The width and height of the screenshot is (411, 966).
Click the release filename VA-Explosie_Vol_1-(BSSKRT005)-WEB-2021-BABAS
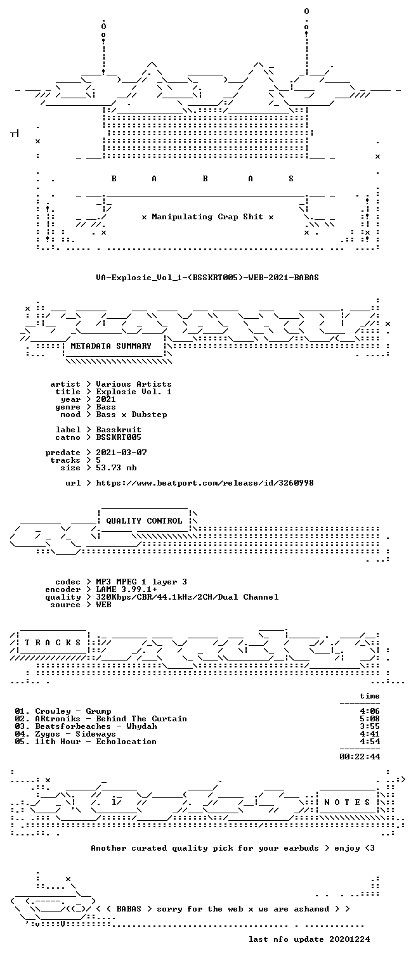coord(207,278)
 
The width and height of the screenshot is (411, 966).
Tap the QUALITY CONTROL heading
coord(144,520)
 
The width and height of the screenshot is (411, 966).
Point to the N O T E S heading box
coord(348,802)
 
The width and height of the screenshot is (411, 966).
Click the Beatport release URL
coord(205,483)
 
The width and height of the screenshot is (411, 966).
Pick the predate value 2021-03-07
coord(121,453)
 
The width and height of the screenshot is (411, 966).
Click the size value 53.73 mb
coord(116,468)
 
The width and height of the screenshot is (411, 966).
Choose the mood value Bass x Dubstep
coord(131,415)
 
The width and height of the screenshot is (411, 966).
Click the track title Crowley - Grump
coord(73,711)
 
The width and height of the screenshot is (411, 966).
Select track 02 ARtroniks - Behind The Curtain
coord(101,719)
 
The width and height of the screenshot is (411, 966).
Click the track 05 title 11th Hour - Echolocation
coord(95,742)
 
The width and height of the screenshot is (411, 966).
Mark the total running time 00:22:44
coord(360,756)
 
